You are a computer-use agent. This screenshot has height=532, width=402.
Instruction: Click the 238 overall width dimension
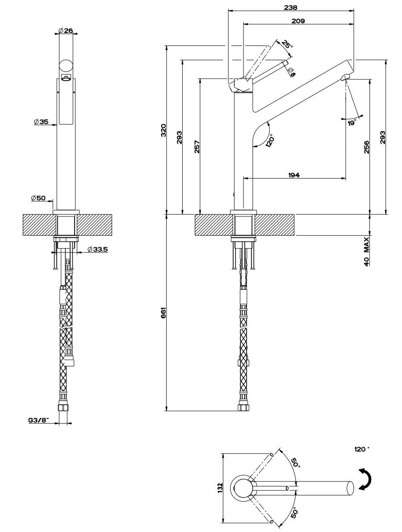(x=291, y=7)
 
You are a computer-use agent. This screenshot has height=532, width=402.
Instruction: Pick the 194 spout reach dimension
(x=293, y=175)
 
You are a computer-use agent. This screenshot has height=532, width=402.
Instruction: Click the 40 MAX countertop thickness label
(x=366, y=252)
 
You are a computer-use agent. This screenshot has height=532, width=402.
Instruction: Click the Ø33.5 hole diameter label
(x=97, y=249)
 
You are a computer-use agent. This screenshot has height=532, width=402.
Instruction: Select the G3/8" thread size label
(x=38, y=420)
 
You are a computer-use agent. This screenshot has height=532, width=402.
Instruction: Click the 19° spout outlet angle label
(x=352, y=122)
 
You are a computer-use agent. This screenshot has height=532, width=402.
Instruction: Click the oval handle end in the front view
(x=66, y=66)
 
